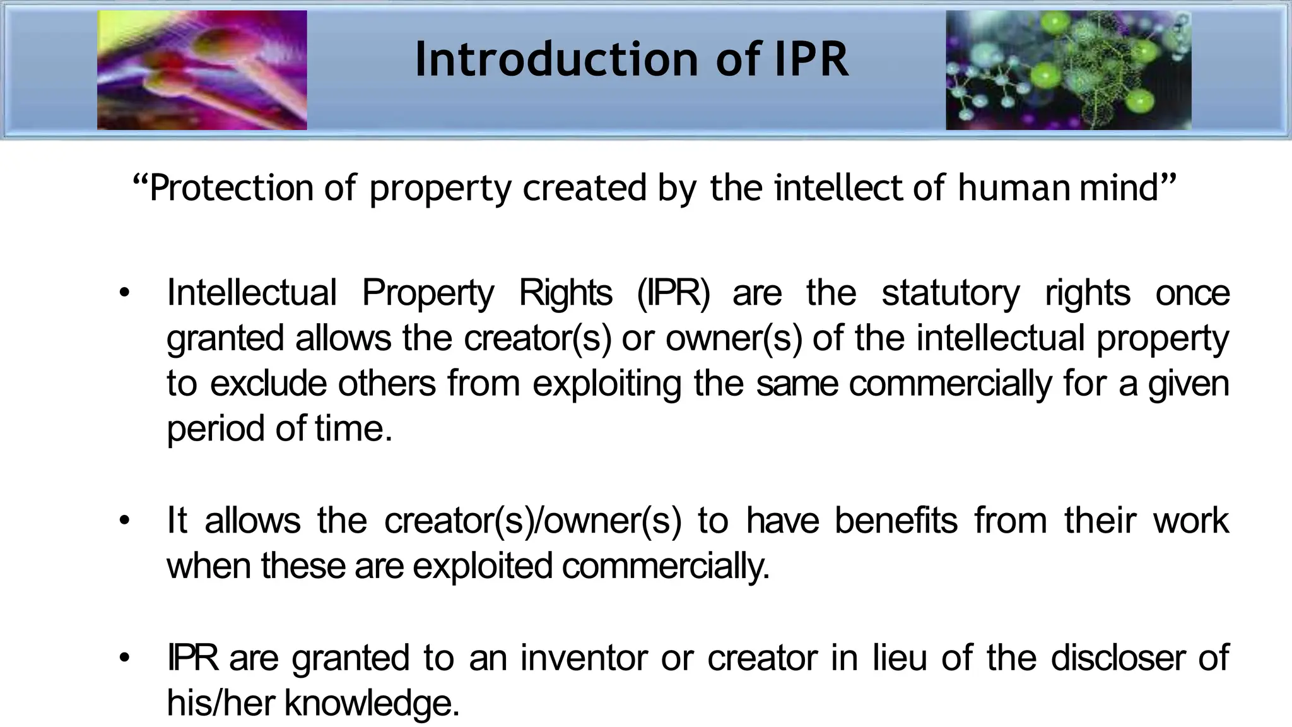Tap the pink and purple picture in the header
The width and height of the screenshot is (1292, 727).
click(202, 70)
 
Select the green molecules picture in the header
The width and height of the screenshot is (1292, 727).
click(1068, 70)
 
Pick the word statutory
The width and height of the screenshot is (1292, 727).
click(950, 293)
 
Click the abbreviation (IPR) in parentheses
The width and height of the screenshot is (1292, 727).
click(673, 293)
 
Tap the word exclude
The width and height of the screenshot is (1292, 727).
click(268, 384)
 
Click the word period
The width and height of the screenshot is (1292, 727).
click(216, 429)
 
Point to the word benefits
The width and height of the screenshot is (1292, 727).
click(896, 521)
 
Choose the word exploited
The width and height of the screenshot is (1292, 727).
click(483, 565)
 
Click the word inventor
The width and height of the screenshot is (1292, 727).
click(584, 658)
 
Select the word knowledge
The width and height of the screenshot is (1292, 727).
click(372, 703)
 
